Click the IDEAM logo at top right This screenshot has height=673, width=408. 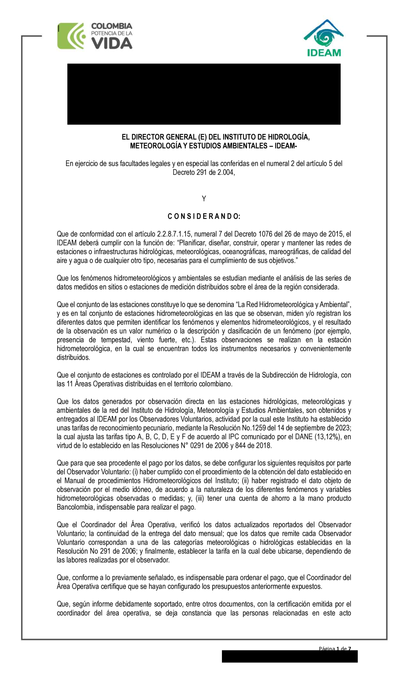pyautogui.click(x=324, y=38)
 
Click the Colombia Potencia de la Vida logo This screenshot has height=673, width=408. pyautogui.click(x=95, y=36)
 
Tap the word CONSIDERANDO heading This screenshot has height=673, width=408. pyautogui.click(x=204, y=216)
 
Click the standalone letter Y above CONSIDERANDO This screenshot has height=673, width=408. pyautogui.click(x=204, y=199)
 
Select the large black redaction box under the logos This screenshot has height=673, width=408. pyautogui.click(x=204, y=94)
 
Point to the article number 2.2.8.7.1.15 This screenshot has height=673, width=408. pyautogui.click(x=174, y=234)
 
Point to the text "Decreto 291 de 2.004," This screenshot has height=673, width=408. pyautogui.click(x=204, y=172)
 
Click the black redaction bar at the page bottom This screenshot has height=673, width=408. pyautogui.click(x=290, y=656)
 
